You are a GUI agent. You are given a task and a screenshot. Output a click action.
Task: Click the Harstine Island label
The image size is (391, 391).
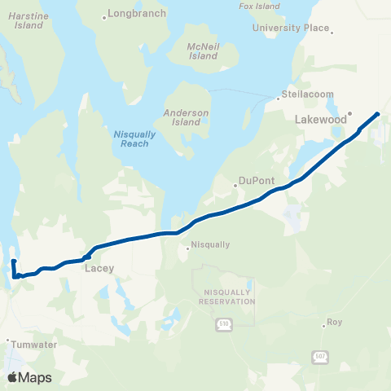click(x=29, y=20)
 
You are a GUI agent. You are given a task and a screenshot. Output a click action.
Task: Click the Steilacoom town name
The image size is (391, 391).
click(x=310, y=94)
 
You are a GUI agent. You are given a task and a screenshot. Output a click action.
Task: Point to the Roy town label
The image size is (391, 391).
click(x=335, y=323)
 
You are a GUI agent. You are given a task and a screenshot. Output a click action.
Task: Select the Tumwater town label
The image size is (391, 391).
click(x=32, y=345)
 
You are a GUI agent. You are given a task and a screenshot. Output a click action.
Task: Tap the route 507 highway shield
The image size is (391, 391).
click(x=319, y=356)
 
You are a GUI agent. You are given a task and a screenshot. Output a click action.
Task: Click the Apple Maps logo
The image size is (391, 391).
click(x=29, y=377)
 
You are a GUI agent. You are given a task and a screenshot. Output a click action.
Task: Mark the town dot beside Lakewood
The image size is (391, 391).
click(x=350, y=113)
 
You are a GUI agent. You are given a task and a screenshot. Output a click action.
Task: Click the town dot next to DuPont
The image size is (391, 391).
click(x=235, y=185)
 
